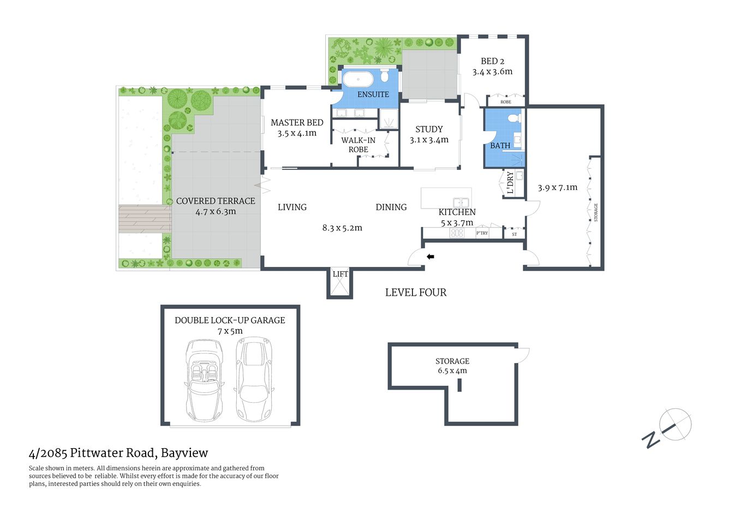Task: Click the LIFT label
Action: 340,274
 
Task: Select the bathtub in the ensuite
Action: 358,79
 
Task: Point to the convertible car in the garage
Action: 204,380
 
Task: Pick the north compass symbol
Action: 674,424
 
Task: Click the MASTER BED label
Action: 297,123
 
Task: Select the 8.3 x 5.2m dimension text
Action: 342,228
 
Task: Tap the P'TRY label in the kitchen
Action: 482,233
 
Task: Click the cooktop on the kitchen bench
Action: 456,233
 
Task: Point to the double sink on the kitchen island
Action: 461,203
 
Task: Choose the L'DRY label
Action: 510,182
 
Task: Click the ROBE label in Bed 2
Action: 506,102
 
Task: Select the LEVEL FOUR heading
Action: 416,293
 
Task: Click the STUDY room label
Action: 429,129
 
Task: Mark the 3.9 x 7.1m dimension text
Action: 557,187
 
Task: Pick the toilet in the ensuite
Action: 385,76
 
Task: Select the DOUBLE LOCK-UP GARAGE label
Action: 230,320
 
